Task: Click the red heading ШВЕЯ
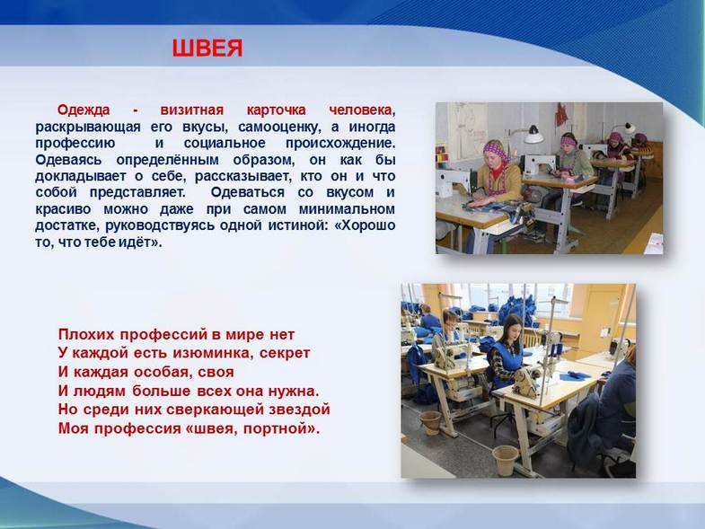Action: (207, 48)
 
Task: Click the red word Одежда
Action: (84, 110)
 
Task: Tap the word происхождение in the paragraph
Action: (340, 144)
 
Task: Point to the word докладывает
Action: (81, 176)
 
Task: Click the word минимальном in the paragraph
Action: (347, 209)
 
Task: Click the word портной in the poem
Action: (281, 428)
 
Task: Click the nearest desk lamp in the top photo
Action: (533, 135)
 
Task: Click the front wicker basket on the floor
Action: (505, 460)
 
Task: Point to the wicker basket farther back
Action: (430, 423)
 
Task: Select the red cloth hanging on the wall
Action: (560, 115)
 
